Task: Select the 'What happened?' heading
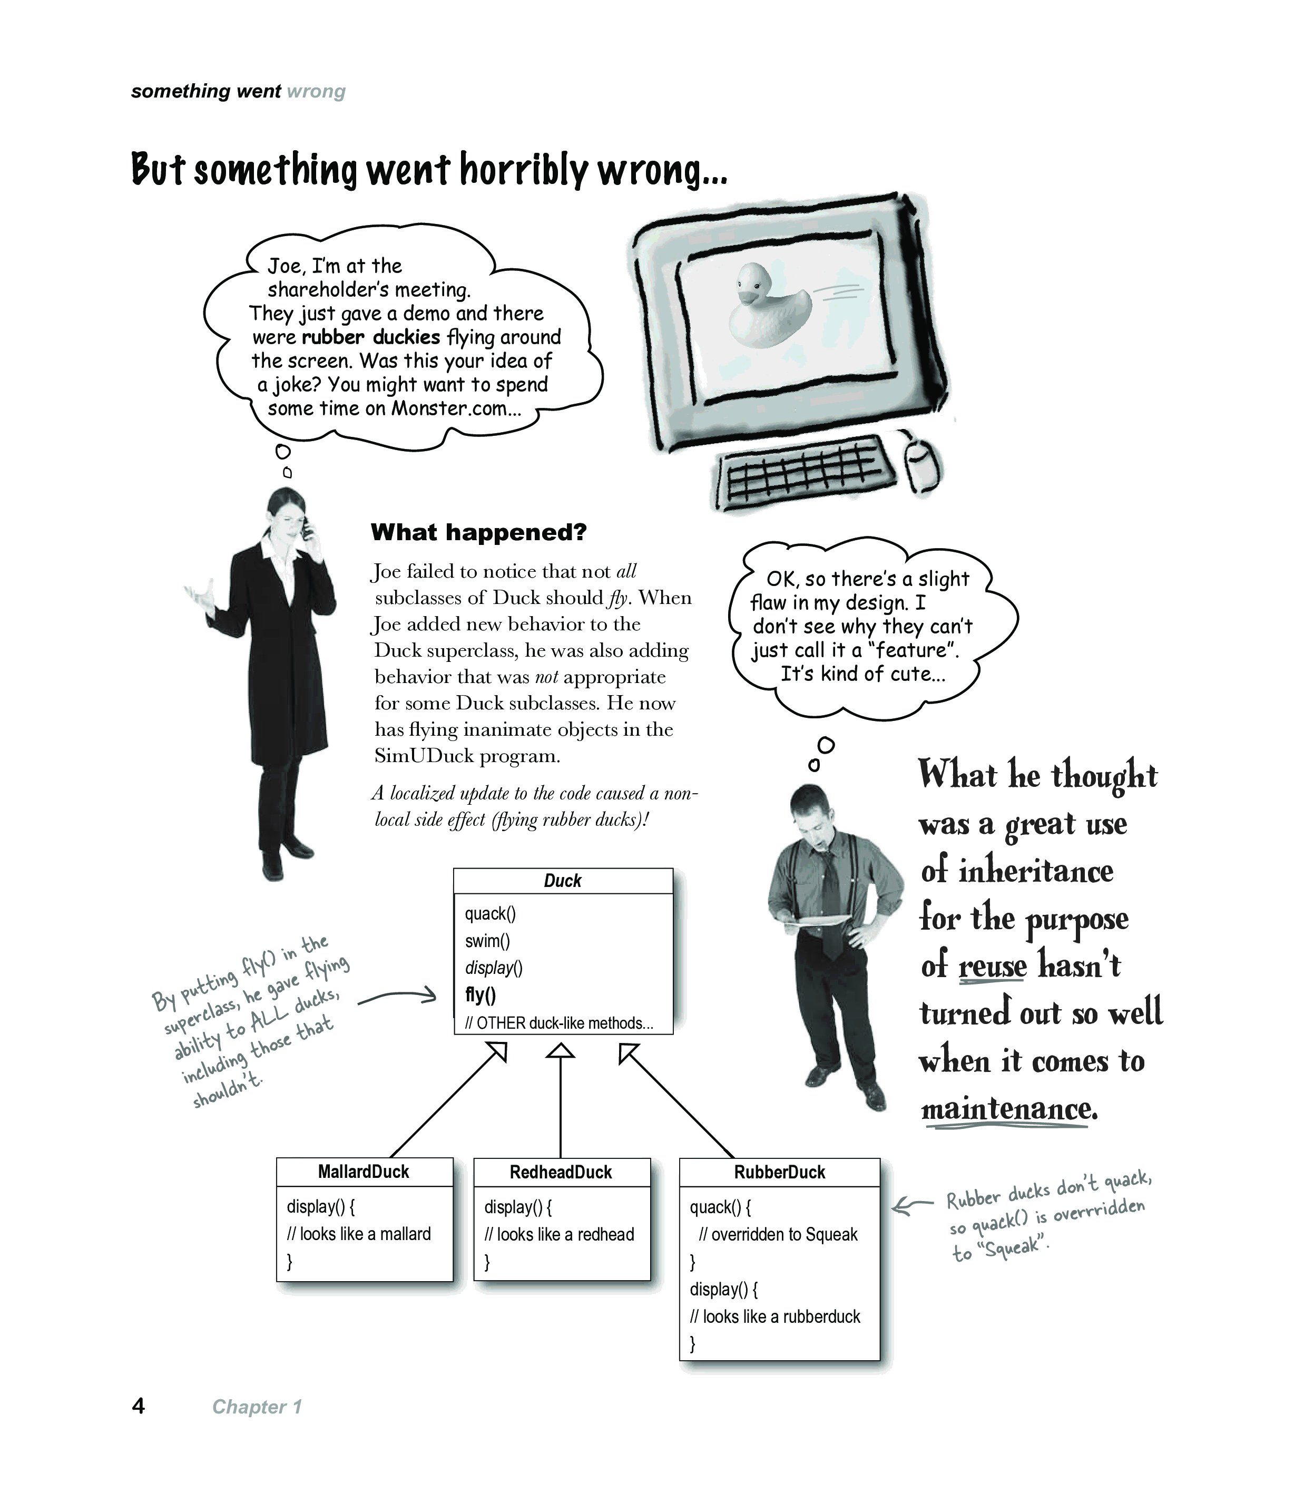pyautogui.click(x=478, y=533)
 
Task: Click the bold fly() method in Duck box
pyautogui.click(x=481, y=995)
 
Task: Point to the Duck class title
pyautogui.click(x=563, y=881)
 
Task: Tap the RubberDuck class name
pyautogui.click(x=779, y=1172)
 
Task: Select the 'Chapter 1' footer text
pyautogui.click(x=256, y=1407)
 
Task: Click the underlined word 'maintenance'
pyautogui.click(x=1008, y=1108)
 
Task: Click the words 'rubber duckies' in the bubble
pyautogui.click(x=370, y=337)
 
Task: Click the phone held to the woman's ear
pyautogui.click(x=306, y=528)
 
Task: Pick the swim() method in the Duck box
pyautogui.click(x=487, y=941)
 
